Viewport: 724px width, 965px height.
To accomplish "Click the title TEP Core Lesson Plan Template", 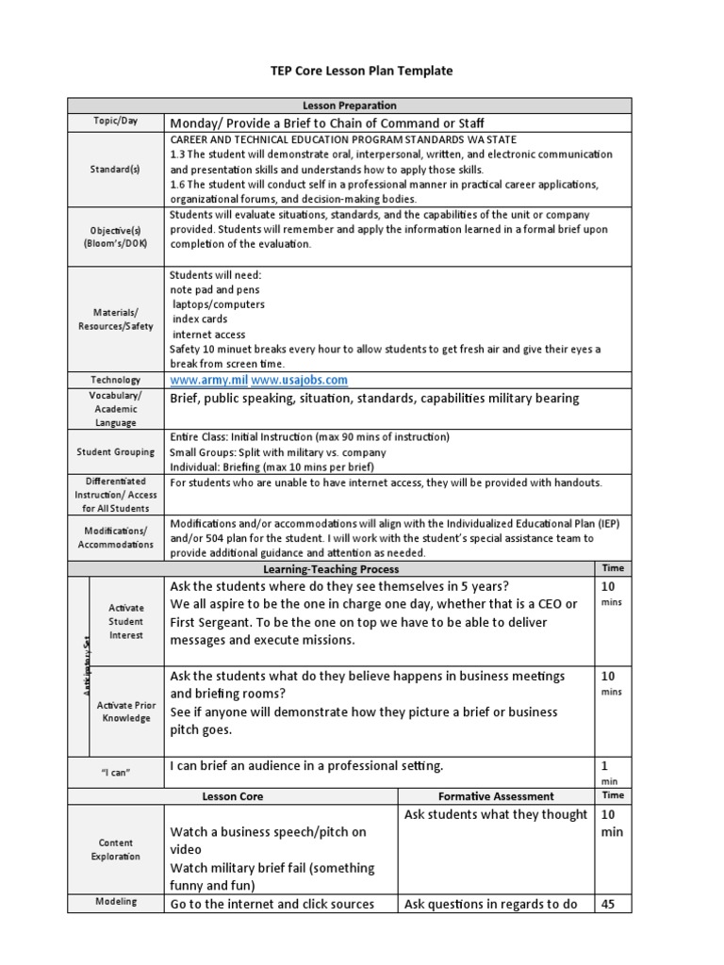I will click(362, 71).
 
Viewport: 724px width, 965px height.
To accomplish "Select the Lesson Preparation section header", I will click(362, 106).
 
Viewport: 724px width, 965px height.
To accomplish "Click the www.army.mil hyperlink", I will click(207, 380).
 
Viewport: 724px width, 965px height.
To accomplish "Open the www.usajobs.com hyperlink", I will click(299, 380).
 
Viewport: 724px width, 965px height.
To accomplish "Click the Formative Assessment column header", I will click(497, 796).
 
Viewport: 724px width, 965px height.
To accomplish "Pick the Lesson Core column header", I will click(233, 796).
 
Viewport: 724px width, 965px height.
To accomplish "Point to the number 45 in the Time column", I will click(610, 904).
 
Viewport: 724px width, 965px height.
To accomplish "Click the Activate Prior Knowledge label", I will click(127, 711).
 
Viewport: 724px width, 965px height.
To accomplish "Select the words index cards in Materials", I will click(196, 319).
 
